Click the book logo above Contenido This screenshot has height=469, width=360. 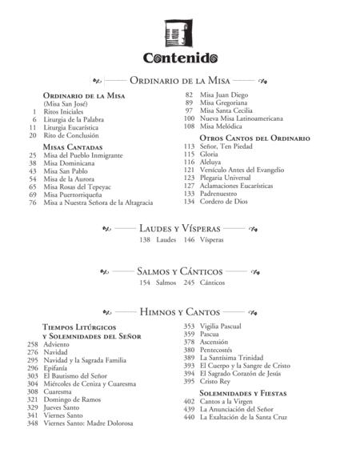[x=180, y=34]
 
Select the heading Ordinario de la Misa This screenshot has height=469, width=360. [x=179, y=81]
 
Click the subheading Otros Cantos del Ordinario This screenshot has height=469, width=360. [x=253, y=138]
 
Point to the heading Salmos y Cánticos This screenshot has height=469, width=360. [x=179, y=271]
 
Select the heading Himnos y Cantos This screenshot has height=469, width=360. [x=179, y=311]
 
